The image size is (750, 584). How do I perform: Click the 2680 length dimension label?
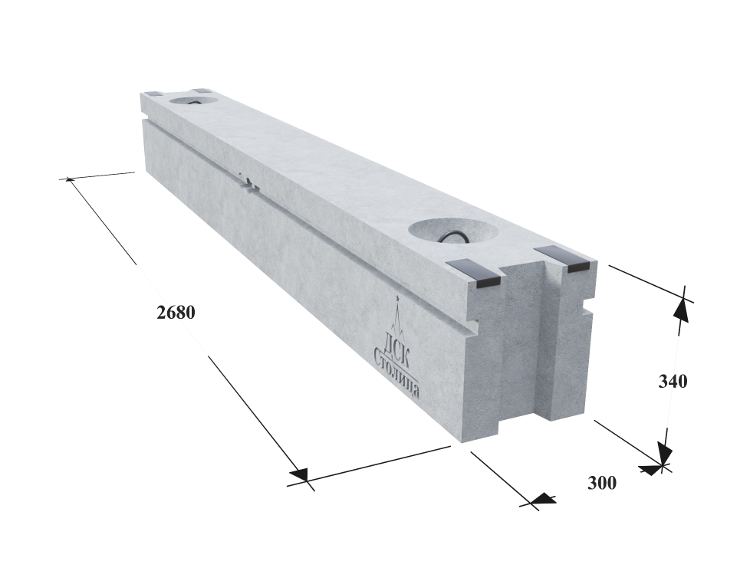tap(176, 313)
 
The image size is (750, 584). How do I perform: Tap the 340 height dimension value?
tap(673, 382)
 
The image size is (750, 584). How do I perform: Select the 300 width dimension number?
tap(602, 483)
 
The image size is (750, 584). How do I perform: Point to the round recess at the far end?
tap(193, 101)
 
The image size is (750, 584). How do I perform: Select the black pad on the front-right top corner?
tap(566, 259)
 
